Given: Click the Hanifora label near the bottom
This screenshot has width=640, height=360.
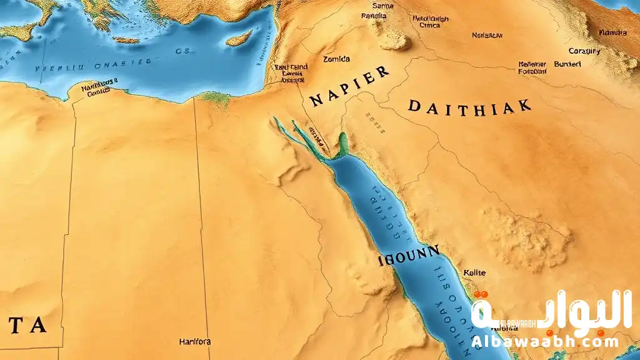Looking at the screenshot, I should [x=194, y=342].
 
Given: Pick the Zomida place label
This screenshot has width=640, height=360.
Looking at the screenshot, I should [x=336, y=59].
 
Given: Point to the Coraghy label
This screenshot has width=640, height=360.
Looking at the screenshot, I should [x=584, y=51].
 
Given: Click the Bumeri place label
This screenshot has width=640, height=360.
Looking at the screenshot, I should [x=567, y=64].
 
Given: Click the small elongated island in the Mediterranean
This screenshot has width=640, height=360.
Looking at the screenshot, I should [x=239, y=38].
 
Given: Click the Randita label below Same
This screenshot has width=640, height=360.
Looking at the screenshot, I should [x=374, y=16].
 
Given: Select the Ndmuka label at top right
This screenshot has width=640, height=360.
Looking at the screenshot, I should [x=612, y=32].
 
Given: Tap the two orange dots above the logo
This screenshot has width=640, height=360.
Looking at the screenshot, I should [x=481, y=294].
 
